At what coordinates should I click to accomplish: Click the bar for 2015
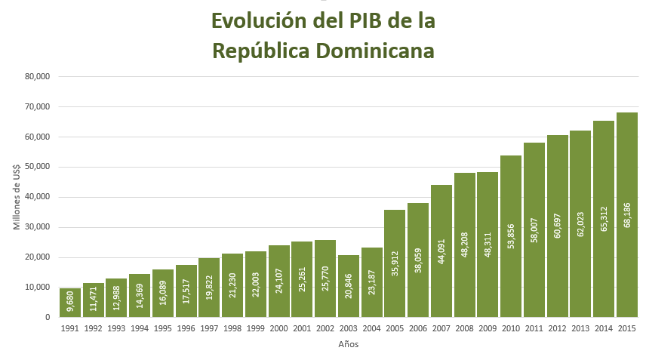tap(627, 215)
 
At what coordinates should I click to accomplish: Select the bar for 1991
tap(70, 303)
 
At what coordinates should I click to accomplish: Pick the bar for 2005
tap(395, 263)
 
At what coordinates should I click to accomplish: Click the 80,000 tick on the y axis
tap(37, 76)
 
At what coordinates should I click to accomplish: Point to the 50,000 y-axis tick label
tap(37, 167)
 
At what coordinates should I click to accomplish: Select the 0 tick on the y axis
tap(47, 317)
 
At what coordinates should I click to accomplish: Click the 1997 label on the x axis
tap(209, 328)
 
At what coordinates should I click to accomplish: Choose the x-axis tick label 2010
tap(511, 328)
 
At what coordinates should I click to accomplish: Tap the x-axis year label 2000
tap(278, 328)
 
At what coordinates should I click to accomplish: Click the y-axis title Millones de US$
tap(17, 196)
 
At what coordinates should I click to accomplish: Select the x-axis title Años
tap(349, 345)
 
